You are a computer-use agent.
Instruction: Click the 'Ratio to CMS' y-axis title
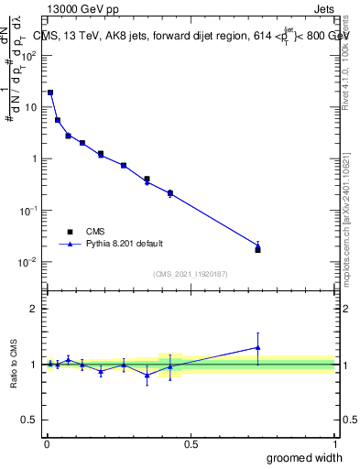pyautogui.click(x=14, y=363)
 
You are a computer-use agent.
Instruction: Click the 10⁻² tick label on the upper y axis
pyautogui.click(x=30, y=262)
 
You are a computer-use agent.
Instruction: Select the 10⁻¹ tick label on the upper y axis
pyautogui.click(x=30, y=210)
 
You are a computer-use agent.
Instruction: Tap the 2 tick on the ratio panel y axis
pyautogui.click(x=37, y=309)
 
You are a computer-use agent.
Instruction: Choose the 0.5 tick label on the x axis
pyautogui.click(x=191, y=444)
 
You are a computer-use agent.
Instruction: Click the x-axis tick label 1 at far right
pyautogui.click(x=334, y=444)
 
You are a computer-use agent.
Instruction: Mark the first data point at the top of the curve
pyautogui.click(x=50, y=93)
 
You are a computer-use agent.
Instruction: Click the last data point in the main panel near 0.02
pyautogui.click(x=257, y=246)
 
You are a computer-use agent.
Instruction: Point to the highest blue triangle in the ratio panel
pyautogui.click(x=257, y=347)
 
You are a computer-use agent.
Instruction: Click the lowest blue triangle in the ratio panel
pyautogui.click(x=147, y=376)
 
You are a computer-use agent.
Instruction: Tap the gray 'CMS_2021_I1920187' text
pyautogui.click(x=190, y=273)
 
